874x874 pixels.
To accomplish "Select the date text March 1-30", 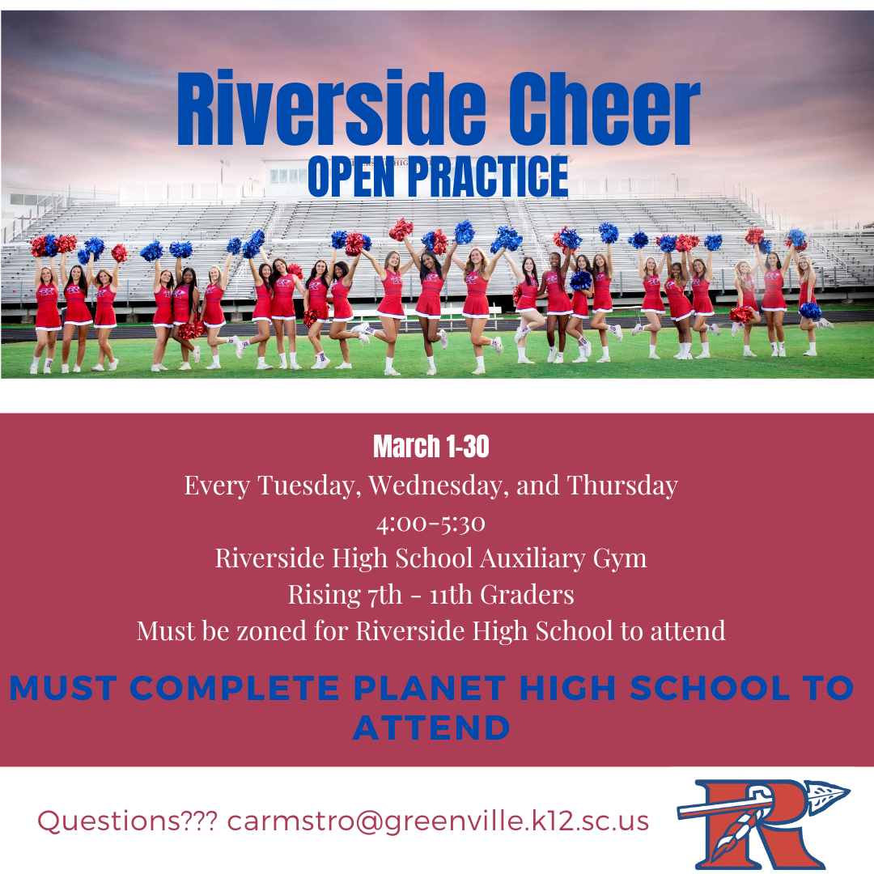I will pos(431,446).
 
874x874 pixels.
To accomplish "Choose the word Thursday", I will pos(622,485).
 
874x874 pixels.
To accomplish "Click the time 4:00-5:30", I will pos(431,523).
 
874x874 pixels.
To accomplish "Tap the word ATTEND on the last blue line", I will pos(431,728).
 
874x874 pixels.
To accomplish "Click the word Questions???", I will pos(127,821).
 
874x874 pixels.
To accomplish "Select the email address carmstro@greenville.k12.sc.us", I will pos(438,821).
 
